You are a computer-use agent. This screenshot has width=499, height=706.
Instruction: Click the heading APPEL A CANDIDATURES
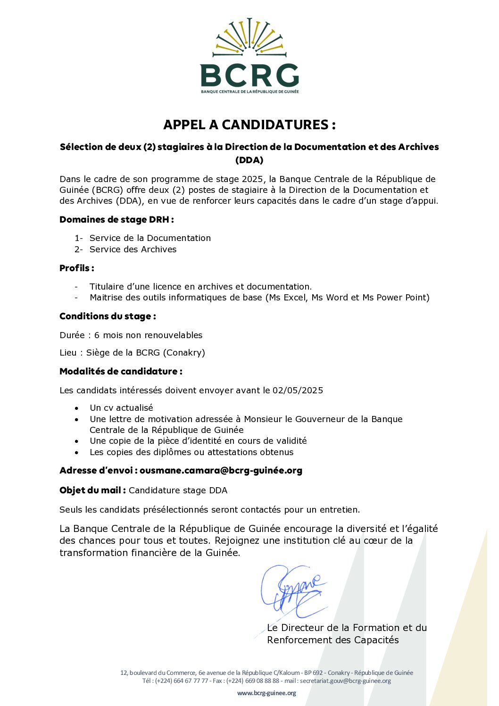(249, 125)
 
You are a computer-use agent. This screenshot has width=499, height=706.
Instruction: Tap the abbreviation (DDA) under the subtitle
(249, 160)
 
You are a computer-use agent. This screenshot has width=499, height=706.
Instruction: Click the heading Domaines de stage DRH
(116, 219)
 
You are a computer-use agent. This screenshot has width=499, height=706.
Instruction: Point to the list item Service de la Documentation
(150, 238)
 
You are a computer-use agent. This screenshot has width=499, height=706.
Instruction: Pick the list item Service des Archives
(133, 249)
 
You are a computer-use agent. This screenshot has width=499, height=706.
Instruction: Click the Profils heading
(76, 268)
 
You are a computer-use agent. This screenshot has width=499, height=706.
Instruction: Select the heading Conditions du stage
(108, 316)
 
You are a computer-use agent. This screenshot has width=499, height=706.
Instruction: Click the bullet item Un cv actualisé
(121, 408)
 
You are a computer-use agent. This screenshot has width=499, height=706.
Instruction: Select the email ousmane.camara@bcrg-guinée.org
(221, 470)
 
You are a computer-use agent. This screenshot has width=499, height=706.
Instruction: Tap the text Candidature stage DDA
(178, 490)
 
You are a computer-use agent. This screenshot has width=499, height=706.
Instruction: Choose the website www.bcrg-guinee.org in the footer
(266, 693)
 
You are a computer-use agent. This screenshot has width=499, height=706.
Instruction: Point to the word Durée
(72, 335)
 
